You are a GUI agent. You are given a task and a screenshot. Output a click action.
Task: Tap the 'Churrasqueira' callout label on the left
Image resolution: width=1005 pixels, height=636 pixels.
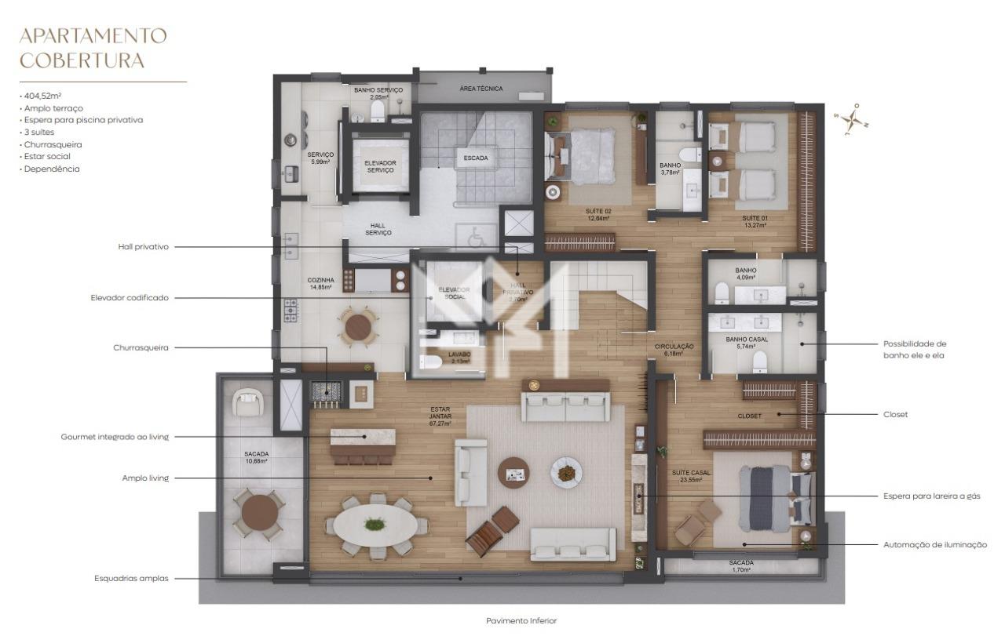click(x=141, y=347)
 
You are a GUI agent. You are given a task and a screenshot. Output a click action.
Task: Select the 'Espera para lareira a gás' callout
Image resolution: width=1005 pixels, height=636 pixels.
click(x=931, y=496)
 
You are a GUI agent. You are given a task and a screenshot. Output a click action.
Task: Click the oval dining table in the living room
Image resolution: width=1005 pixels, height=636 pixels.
click(x=375, y=525)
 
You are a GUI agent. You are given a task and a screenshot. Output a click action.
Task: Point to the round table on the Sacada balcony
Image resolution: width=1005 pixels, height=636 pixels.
click(x=260, y=514)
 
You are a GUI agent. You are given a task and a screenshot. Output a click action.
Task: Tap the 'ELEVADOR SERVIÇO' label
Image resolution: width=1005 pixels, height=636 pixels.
click(x=380, y=167)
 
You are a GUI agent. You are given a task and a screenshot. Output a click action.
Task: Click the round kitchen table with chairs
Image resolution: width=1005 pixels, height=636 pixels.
click(x=358, y=325)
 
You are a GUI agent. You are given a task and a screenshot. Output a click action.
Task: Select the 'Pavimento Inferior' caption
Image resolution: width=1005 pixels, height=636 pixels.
click(x=521, y=620)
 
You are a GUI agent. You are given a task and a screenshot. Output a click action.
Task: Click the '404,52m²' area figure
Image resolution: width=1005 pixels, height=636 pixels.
click(x=43, y=96)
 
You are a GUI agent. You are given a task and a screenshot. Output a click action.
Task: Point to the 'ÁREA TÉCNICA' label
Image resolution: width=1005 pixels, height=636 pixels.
click(x=481, y=89)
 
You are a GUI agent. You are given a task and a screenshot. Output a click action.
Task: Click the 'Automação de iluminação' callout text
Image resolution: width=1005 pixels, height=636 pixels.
click(x=935, y=544)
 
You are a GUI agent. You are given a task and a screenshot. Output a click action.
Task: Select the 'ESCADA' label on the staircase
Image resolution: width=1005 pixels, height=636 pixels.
click(x=475, y=158)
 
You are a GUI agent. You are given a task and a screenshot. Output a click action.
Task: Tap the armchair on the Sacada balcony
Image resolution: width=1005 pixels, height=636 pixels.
click(x=249, y=404)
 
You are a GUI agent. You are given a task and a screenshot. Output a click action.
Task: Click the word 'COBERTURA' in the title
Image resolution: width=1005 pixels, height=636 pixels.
click(x=82, y=60)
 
